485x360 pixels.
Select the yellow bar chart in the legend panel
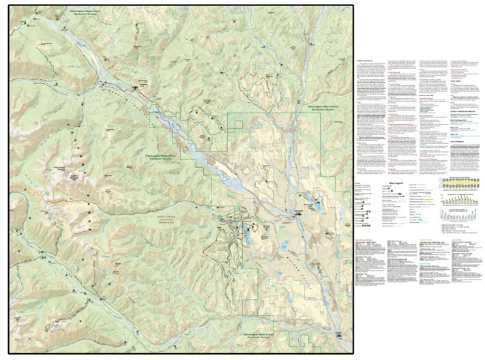[x=462, y=184]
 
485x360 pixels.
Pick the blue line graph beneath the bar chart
[x=462, y=212]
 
